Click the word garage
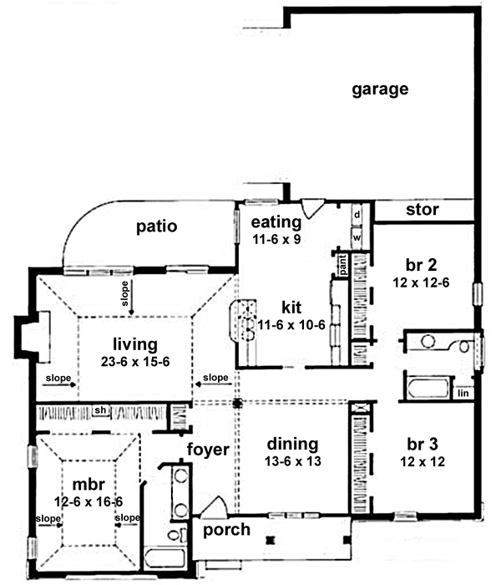pyautogui.click(x=379, y=89)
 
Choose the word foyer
pyautogui.click(x=207, y=450)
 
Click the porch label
pyautogui.click(x=226, y=531)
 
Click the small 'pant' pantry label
pyautogui.click(x=342, y=266)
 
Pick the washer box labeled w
pyautogui.click(x=357, y=237)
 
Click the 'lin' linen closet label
pyautogui.click(x=463, y=393)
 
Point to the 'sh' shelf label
pyautogui.click(x=100, y=410)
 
